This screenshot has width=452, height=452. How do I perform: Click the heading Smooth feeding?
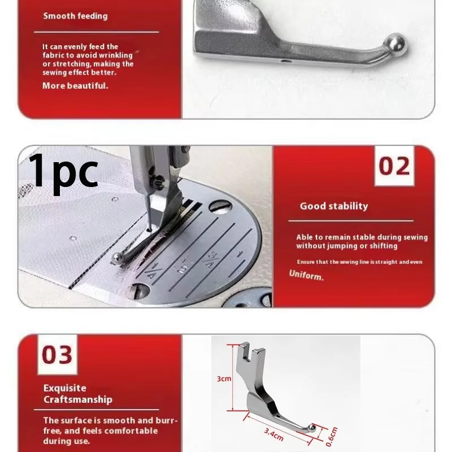pos(75,16)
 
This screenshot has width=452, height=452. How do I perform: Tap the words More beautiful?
pos(75,86)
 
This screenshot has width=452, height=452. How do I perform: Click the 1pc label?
pos(63,171)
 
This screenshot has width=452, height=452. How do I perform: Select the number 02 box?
pos(394,166)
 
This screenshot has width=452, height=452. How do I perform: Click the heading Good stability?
pos(333,206)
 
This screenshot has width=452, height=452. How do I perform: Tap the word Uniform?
pos(306,276)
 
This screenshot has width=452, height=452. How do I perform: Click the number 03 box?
pos(57,355)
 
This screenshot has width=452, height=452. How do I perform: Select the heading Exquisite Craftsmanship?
pos(77,394)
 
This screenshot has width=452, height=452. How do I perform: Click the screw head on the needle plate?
pos(138,291)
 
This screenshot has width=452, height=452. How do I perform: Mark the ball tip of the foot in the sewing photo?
pos(118,258)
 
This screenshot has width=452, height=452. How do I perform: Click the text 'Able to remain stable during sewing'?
pos(362,237)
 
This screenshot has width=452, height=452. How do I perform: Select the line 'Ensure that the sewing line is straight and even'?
pos(359,262)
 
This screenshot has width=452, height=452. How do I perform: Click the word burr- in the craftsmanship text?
pos(167,421)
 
